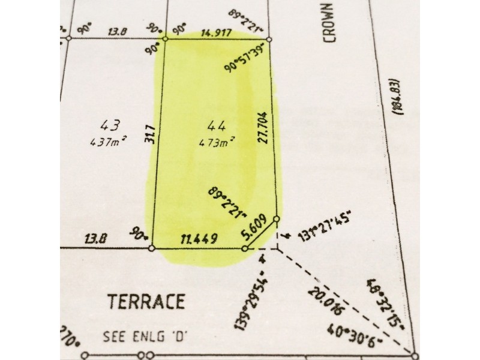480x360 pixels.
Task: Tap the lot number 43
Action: coord(112,125)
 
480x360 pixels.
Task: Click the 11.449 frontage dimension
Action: coord(198,239)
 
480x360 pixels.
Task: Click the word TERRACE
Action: coord(146,302)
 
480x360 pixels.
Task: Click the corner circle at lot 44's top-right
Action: coord(269,40)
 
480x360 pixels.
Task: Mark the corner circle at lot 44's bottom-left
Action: coord(152,248)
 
